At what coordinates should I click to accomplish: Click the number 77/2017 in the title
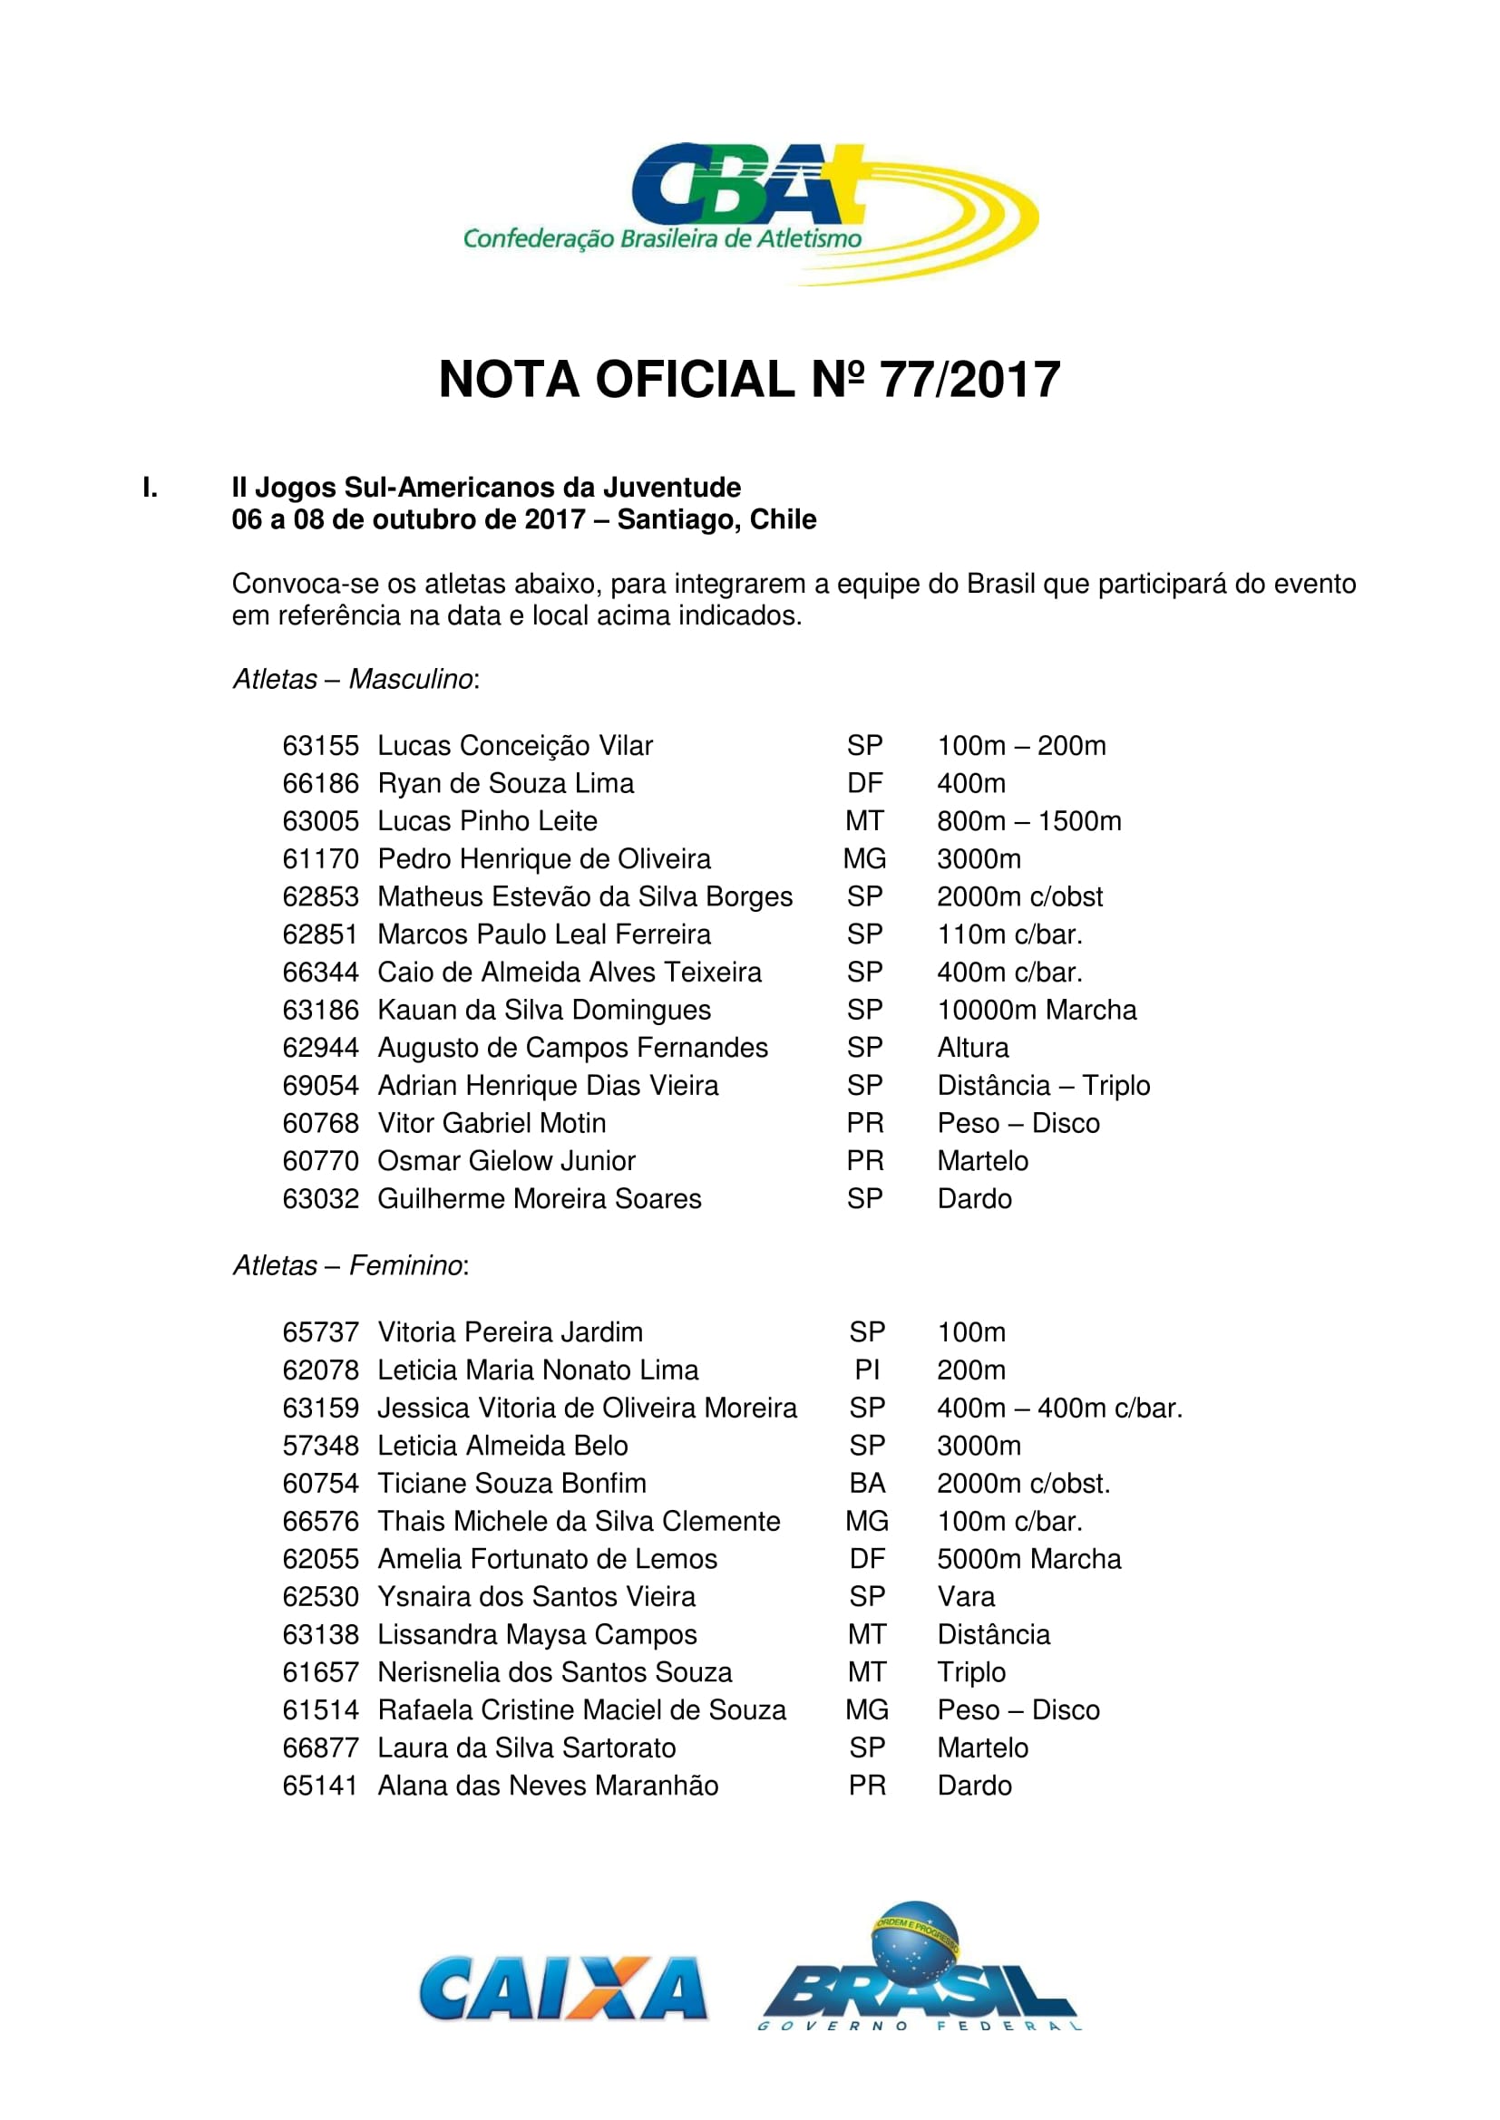(x=969, y=380)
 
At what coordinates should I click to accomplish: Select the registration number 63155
(x=319, y=746)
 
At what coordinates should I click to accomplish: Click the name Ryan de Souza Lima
(x=505, y=784)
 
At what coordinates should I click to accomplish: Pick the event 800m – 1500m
(x=1029, y=822)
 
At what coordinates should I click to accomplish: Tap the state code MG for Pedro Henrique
(x=864, y=859)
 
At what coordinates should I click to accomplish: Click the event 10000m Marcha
(x=1037, y=1010)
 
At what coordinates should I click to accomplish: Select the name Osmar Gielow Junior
(x=506, y=1162)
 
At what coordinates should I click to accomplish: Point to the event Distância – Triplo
(x=1044, y=1086)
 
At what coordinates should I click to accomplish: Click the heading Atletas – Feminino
(x=351, y=1265)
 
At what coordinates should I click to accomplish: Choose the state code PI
(x=866, y=1370)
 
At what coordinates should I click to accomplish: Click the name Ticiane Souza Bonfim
(x=511, y=1484)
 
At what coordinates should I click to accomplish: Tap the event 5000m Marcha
(x=1029, y=1560)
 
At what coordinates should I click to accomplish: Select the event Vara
(x=966, y=1597)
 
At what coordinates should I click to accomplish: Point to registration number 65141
(x=319, y=1786)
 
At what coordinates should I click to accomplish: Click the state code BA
(x=867, y=1484)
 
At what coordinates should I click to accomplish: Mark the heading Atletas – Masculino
(x=356, y=680)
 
